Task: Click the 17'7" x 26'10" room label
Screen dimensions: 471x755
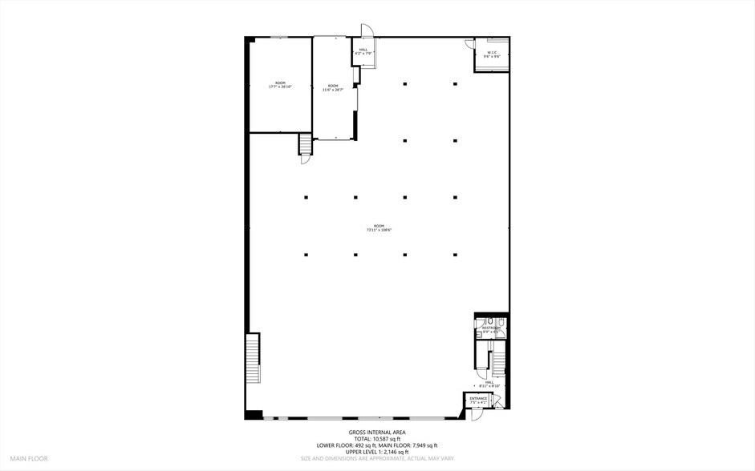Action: (x=280, y=85)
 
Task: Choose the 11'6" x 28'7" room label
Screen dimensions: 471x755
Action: (x=332, y=87)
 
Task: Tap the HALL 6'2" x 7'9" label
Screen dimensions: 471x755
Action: (x=363, y=51)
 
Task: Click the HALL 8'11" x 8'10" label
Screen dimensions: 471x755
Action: (x=489, y=384)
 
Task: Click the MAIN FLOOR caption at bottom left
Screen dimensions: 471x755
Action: (x=28, y=459)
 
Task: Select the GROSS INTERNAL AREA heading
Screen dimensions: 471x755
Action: (x=377, y=433)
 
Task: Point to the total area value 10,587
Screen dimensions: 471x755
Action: (x=385, y=439)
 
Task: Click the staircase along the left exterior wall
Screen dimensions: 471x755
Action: (x=254, y=360)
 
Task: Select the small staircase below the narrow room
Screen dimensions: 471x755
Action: (x=305, y=145)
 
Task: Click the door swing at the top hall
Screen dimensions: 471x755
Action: (x=366, y=30)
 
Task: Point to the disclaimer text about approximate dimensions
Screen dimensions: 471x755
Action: (x=377, y=459)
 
